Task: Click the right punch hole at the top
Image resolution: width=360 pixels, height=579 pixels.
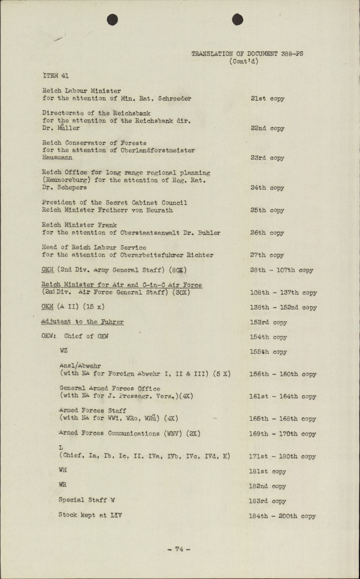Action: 238,19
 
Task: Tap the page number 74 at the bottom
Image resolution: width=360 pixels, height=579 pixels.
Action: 179,549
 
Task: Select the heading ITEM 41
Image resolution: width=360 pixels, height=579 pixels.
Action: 56,76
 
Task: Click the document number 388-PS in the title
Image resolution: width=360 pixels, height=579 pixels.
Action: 292,54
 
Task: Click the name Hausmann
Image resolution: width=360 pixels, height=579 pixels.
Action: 57,157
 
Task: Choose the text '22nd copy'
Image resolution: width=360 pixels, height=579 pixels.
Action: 267,128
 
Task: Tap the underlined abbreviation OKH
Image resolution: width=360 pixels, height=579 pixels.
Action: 47,270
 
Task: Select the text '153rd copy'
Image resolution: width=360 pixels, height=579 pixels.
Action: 269,322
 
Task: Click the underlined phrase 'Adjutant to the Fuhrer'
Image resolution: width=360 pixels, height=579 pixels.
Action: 83,322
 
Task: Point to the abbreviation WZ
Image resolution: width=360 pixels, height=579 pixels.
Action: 64,350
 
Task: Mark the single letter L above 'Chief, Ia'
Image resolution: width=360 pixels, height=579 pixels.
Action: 61,448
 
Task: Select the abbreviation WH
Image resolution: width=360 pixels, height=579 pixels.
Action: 63,470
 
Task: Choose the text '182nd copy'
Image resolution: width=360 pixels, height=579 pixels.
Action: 267,486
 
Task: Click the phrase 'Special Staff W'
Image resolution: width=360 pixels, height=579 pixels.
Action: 87,500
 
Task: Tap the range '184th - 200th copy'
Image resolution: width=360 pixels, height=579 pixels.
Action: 282,516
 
